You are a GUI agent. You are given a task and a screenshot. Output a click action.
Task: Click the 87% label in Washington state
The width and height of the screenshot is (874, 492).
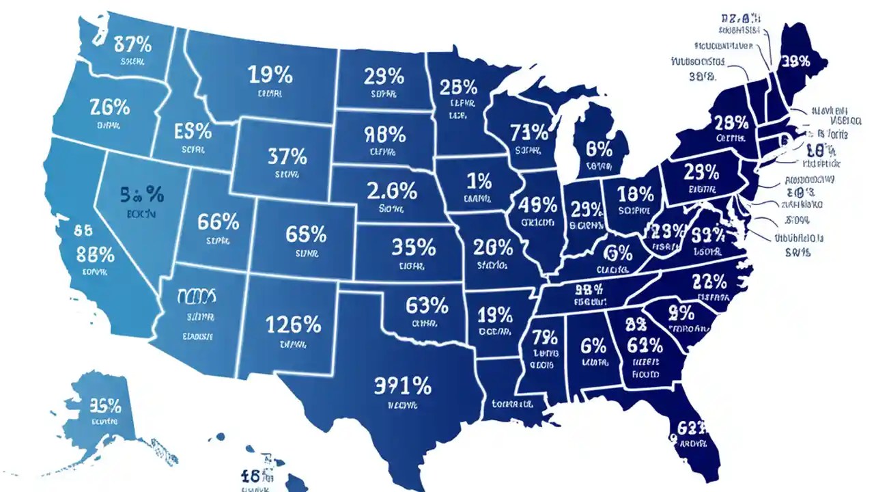(124, 45)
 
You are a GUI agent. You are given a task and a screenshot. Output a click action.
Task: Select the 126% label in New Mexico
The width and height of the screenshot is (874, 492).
(294, 324)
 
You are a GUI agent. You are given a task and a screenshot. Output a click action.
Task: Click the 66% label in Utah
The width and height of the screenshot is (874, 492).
(218, 221)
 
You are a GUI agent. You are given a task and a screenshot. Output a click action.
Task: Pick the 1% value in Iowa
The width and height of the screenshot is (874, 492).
(479, 181)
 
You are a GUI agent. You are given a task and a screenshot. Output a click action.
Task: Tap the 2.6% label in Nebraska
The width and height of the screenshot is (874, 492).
(391, 191)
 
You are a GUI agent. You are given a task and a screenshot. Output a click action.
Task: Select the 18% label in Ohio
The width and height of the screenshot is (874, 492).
(635, 194)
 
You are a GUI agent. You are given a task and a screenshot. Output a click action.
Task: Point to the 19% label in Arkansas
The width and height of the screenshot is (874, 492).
(495, 314)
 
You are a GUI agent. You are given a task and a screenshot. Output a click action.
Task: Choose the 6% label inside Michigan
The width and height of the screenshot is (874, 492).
(599, 148)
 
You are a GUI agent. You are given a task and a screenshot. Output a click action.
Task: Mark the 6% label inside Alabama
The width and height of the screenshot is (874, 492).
(593, 345)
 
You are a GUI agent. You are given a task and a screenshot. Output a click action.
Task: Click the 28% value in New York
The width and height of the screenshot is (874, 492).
(731, 123)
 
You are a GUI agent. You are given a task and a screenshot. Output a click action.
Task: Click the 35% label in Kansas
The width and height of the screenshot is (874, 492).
(414, 246)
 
